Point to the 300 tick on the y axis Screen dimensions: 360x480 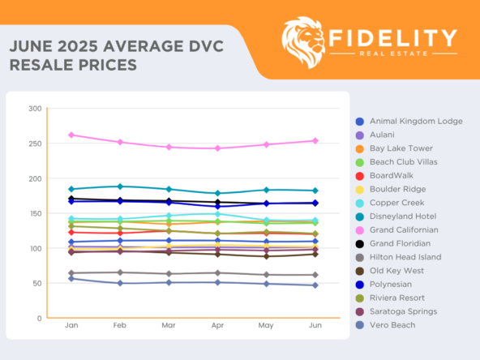(35, 109)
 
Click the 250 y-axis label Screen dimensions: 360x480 (35, 144)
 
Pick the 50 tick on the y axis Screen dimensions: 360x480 (36, 284)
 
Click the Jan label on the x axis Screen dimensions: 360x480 (71, 326)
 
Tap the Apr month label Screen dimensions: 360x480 (217, 326)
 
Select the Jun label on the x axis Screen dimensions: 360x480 (315, 326)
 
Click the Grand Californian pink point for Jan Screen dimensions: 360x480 (71, 135)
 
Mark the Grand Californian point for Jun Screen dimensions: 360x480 (315, 140)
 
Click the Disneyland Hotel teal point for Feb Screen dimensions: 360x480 (120, 186)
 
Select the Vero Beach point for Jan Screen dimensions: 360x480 (71, 278)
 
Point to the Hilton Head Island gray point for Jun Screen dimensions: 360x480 (315, 275)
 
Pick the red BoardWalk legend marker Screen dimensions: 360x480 (360, 175)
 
